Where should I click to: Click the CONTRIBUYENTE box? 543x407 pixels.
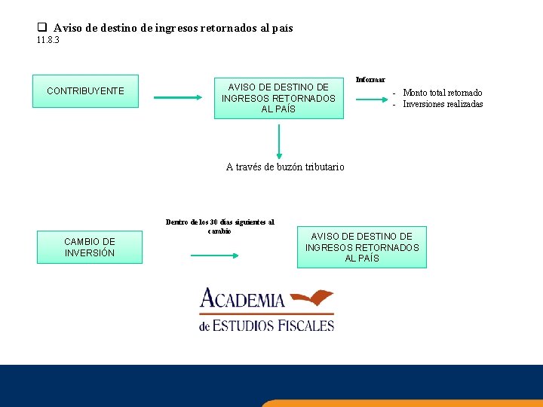pos(85,91)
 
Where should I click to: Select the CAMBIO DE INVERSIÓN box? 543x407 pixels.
pos(89,247)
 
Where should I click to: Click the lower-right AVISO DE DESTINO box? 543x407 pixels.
pos(361,247)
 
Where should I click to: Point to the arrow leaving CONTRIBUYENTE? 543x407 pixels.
pos(178,97)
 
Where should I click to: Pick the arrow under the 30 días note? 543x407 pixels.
pos(215,255)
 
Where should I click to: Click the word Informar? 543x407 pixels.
pos(370,80)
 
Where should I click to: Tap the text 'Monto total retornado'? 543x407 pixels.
pos(443,93)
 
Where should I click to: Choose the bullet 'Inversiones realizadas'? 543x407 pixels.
pos(443,104)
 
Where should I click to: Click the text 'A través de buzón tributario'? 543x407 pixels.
pos(285,167)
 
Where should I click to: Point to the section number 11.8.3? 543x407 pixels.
pos(48,40)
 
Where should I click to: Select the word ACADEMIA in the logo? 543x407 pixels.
pos(242,300)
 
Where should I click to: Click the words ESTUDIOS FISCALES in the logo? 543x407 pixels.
pos(272,326)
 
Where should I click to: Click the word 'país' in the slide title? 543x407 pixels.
pos(282,28)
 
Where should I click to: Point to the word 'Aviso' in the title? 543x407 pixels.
pos(68,28)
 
